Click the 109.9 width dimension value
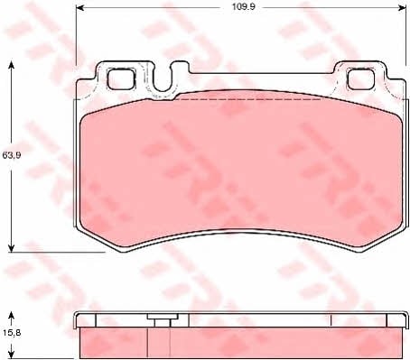pos(244,7)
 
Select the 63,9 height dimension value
pos(12,155)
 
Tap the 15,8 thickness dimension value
pos(12,333)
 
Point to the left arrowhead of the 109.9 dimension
pos(79,8)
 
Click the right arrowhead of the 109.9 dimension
pos(402,8)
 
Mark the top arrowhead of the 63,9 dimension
pos(11,65)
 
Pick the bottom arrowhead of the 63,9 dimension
pos(11,248)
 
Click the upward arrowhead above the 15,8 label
pos(11,316)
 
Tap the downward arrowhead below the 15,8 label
pos(11,355)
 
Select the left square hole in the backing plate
pos(121,78)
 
